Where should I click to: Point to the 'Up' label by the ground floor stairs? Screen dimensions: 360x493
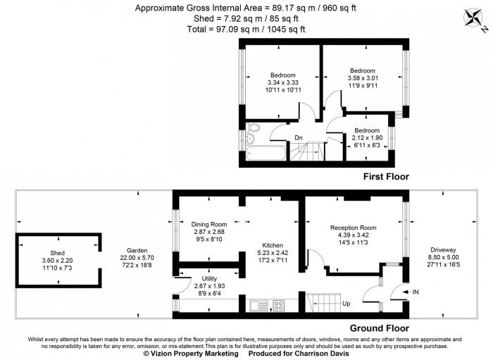347,305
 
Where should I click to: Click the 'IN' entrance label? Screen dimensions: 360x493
415,292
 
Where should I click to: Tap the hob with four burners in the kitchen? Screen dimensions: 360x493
277,306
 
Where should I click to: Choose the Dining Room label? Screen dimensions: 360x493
208,224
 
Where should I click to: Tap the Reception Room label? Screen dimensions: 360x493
353,228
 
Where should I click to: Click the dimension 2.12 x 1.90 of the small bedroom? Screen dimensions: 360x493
366,138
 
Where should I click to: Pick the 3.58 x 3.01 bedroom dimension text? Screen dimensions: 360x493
363,80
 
